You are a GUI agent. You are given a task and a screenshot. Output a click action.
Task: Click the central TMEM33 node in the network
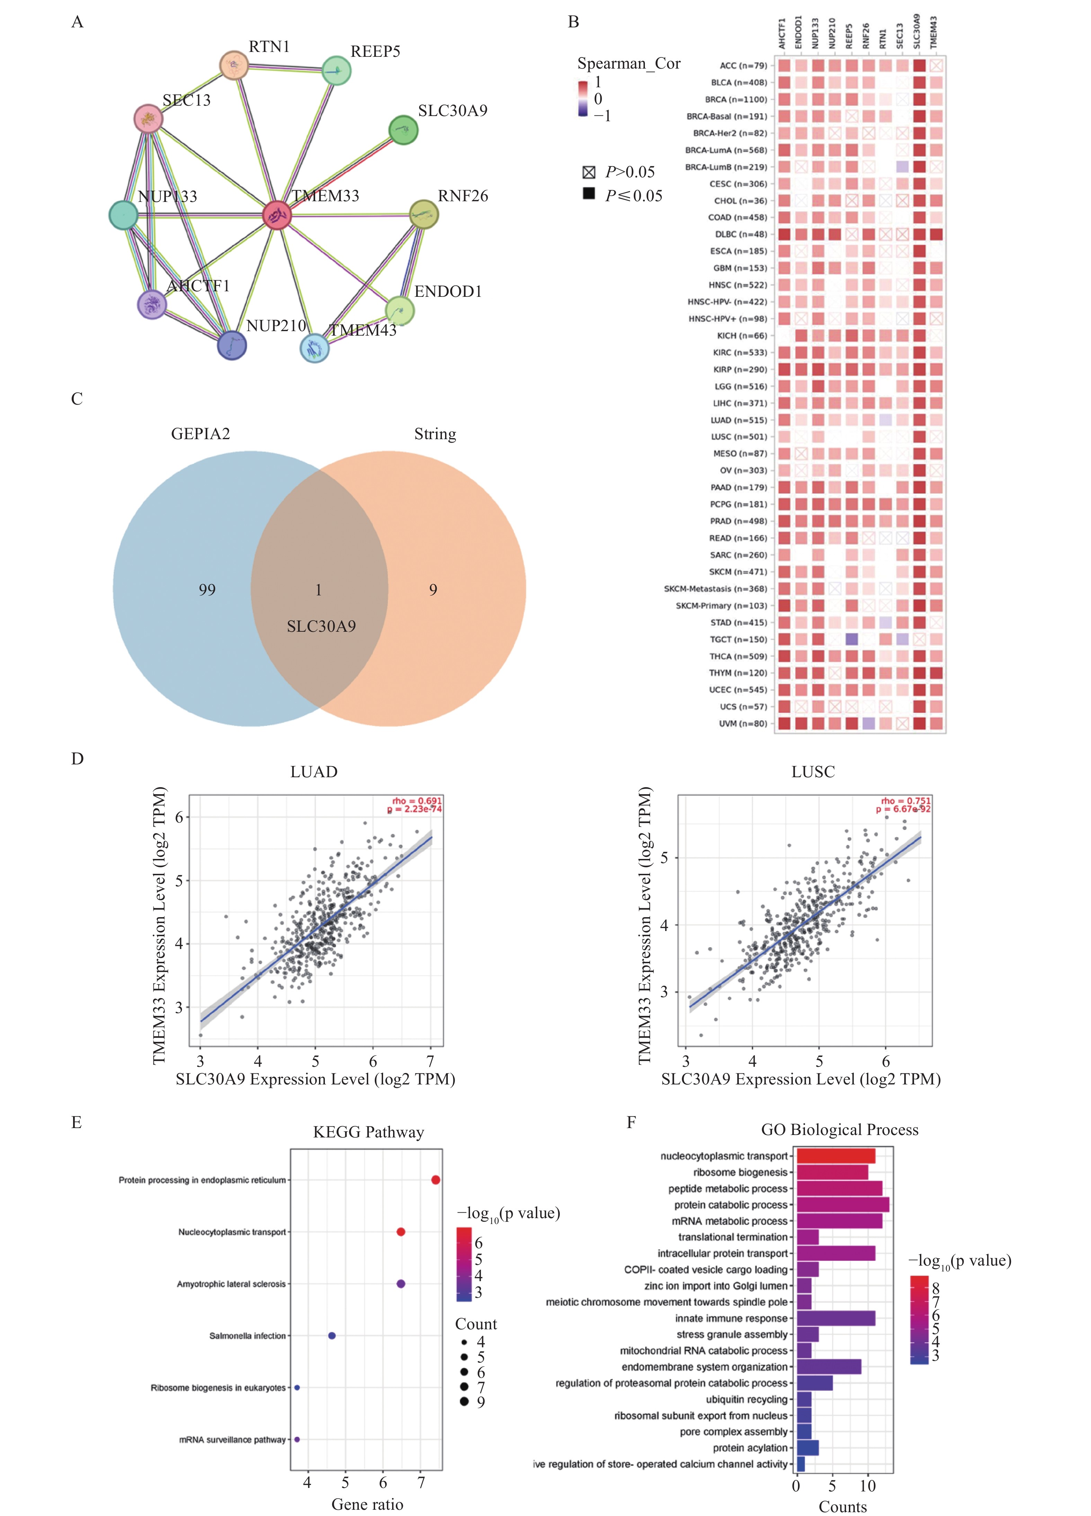[x=277, y=215]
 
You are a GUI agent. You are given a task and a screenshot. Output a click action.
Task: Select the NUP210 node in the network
[x=232, y=345]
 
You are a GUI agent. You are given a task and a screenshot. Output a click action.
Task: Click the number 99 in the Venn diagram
[x=207, y=589]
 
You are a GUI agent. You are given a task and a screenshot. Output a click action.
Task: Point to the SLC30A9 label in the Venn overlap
[x=321, y=626]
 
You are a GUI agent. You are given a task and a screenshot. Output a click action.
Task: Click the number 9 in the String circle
[x=433, y=589]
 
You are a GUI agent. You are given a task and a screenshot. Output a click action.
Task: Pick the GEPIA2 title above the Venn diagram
[x=201, y=434]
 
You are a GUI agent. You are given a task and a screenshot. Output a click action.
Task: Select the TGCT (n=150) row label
[x=738, y=640]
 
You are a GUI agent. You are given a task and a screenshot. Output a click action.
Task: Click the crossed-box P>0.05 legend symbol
[x=588, y=172]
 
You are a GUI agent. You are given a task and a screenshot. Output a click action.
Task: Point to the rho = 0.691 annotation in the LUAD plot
[x=416, y=801]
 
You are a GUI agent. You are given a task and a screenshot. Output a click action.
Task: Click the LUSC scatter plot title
[x=813, y=772]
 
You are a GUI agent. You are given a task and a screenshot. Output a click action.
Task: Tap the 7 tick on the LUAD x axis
[x=431, y=1062]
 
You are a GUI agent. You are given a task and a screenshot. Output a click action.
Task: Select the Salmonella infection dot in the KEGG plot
[x=331, y=1336]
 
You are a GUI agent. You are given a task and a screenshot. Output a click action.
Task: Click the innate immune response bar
[x=836, y=1318]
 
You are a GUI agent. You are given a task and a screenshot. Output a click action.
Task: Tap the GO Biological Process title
[x=840, y=1130]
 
